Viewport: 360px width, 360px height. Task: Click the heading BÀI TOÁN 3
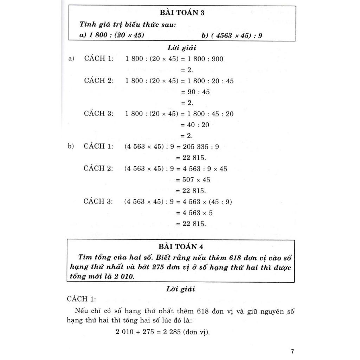182,13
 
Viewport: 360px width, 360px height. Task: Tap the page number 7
292,351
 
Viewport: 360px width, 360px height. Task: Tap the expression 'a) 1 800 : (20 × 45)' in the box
112,35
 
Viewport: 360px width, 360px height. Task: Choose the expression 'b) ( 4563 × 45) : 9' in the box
232,35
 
